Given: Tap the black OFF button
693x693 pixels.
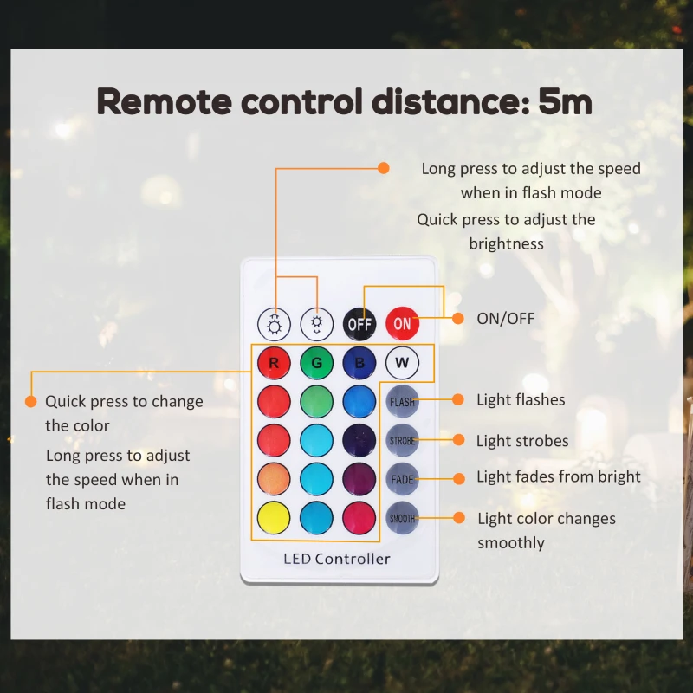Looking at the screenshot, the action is coord(359,324).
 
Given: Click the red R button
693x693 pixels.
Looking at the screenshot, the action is coord(274,363).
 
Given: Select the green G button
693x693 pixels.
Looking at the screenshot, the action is coord(316,363).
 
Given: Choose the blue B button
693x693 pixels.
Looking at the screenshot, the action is coord(359,363).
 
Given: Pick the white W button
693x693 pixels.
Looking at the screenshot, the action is coord(402,363).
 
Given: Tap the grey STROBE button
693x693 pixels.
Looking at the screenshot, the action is coord(402,441).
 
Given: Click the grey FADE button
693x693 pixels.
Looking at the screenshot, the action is coord(402,479).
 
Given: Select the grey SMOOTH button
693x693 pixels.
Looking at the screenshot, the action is coord(402,518).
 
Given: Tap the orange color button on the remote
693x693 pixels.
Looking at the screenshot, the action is coord(274,479).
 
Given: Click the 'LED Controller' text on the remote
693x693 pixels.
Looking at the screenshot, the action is coord(337,559).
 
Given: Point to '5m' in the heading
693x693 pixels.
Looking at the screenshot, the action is coord(565,101).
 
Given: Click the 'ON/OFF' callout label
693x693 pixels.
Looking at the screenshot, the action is coord(506,319).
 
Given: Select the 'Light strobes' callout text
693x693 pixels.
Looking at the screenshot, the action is coord(522,441).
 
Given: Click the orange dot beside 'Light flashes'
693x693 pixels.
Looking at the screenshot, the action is coord(458,399).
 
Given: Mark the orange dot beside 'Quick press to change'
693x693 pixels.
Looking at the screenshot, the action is coord(31,401).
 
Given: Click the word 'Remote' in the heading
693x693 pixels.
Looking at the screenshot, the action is coord(164,101).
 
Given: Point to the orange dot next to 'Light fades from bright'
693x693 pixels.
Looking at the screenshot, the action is coord(459,479).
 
